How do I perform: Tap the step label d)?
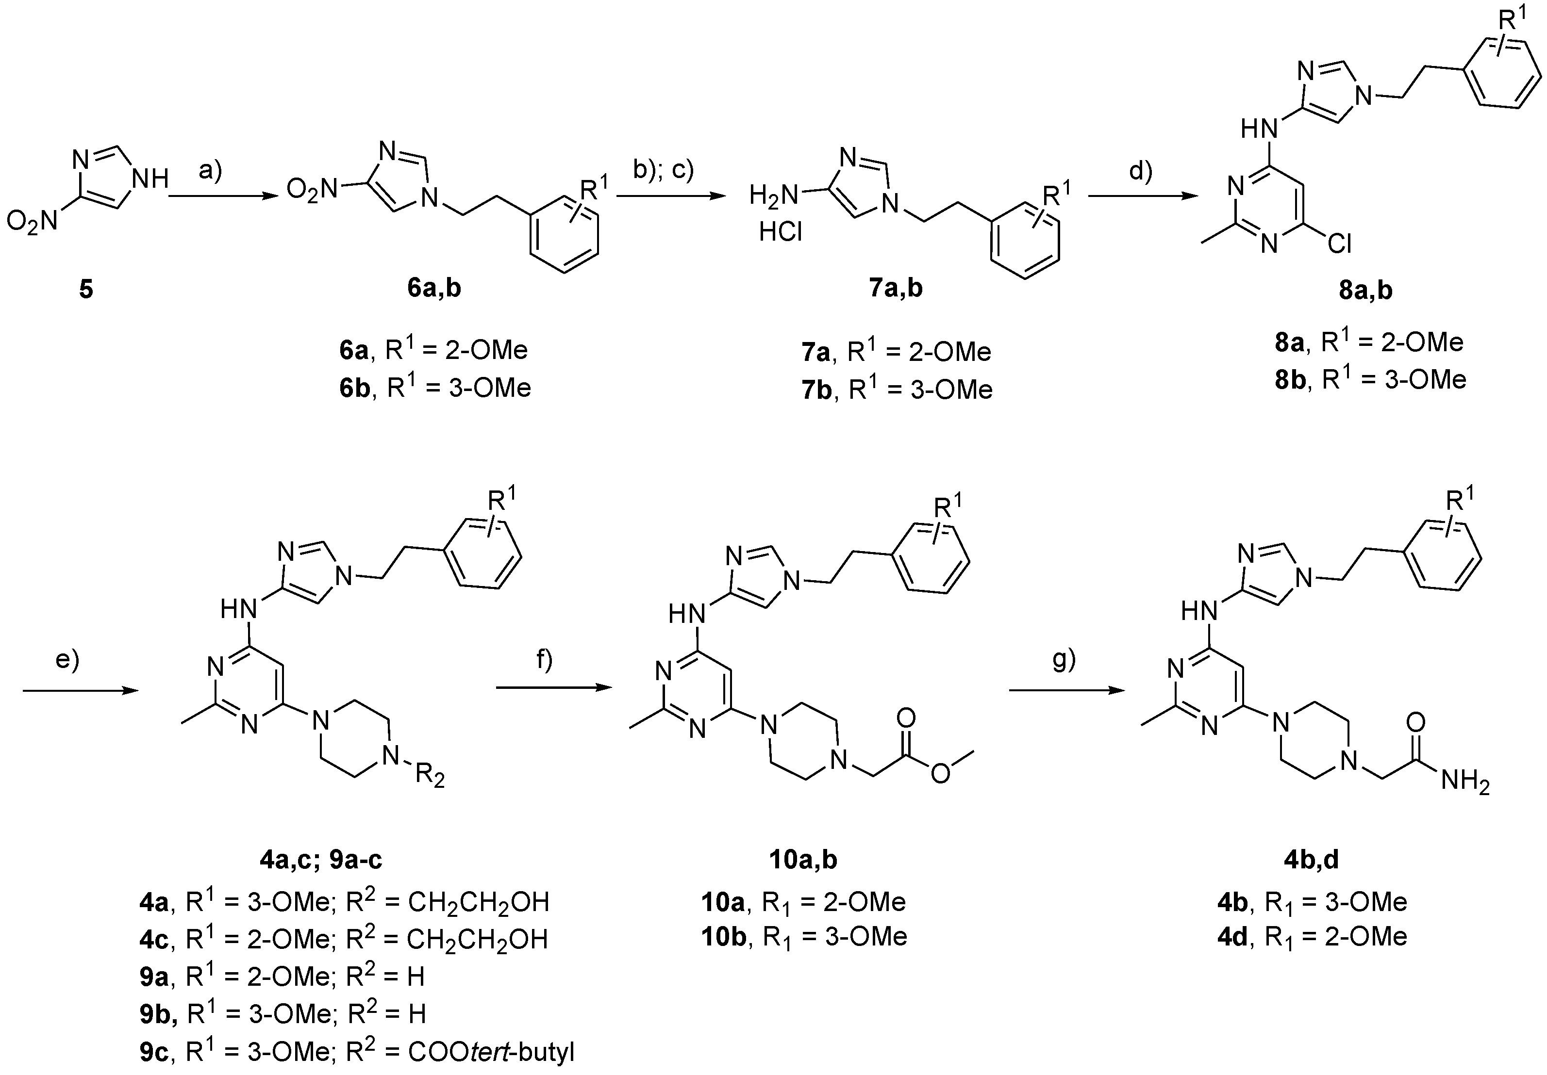point(1140,171)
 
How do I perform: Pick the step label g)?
point(1064,660)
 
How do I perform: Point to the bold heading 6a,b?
point(434,288)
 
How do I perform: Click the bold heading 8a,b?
point(1365,290)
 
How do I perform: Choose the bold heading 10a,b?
point(803,860)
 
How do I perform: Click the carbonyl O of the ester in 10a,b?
point(906,718)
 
